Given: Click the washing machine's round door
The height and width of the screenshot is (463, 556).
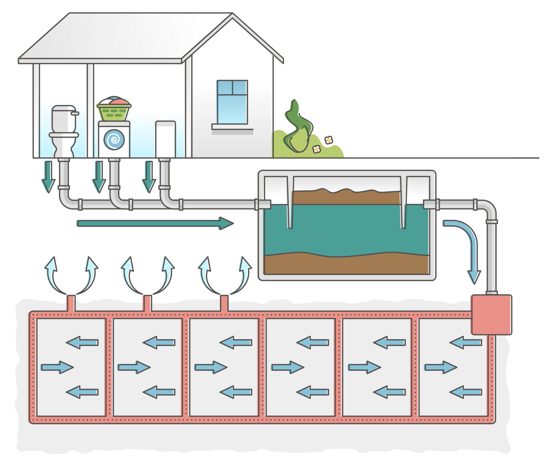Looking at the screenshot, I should coord(114,140).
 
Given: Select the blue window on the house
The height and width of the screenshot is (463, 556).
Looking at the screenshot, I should coord(232,102).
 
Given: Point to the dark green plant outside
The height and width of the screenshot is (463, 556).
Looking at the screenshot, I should coord(298,127).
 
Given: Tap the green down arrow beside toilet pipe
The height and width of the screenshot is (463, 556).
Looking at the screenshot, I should coord(48,177).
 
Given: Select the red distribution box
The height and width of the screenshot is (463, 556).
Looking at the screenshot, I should coord(491,315).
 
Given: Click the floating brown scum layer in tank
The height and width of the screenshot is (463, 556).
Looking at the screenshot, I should coord(346,197).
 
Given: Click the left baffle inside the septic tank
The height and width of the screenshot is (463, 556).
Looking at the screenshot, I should coord(290,203).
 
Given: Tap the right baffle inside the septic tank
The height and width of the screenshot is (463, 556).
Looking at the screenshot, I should coord(403,203).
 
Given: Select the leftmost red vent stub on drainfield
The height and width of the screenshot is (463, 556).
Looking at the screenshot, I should coord(71,303).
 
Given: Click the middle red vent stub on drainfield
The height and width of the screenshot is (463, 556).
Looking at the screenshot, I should coord(147,303).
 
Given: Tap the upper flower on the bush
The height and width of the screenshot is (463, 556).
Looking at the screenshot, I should coord(329,140).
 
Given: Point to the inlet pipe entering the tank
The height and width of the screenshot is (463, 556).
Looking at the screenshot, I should coord(263,204).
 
